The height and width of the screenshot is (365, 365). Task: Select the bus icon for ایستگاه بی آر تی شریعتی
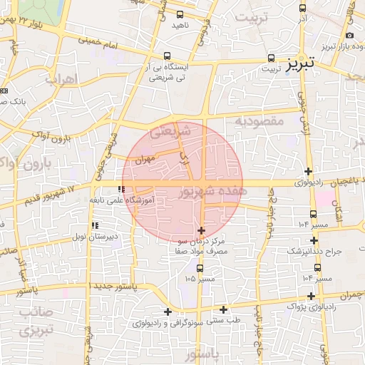(167, 56)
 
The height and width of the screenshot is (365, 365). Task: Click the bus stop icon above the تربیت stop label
(271, 58)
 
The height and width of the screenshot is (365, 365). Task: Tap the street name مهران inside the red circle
(143, 160)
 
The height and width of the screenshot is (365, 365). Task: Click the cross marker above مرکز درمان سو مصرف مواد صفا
(201, 230)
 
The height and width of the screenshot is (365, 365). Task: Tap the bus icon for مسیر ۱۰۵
(199, 268)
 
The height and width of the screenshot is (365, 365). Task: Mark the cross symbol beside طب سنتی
(224, 309)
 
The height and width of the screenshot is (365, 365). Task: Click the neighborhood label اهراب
(61, 79)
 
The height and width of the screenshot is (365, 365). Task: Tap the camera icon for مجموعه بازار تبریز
(349, 36)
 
